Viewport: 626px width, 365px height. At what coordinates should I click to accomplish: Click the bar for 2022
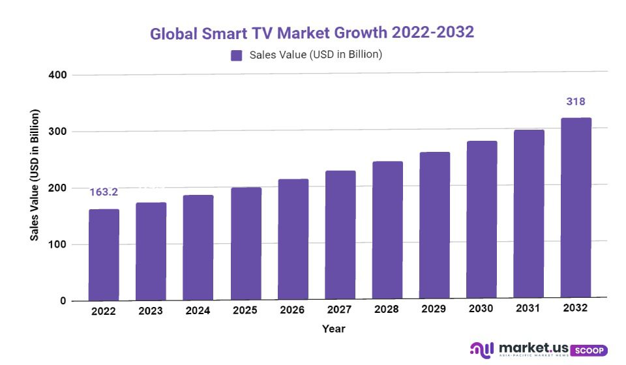104,255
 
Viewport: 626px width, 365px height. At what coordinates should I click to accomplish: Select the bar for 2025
246,244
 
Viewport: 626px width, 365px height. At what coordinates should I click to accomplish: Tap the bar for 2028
387,231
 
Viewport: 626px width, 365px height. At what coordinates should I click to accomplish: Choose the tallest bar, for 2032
576,209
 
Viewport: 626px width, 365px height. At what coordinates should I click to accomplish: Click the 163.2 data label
104,192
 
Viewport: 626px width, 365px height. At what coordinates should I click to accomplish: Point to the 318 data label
576,102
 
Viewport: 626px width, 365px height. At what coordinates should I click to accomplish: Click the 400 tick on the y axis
57,75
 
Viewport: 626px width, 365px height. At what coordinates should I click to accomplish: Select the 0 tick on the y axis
63,301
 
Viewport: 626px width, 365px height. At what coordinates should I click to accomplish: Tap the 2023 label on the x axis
151,311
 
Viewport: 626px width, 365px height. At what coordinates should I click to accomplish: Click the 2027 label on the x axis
340,310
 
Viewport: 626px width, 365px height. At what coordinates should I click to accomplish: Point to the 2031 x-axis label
529,309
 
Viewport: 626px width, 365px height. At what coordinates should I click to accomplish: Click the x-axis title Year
333,329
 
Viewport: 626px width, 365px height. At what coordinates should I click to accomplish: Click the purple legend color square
237,55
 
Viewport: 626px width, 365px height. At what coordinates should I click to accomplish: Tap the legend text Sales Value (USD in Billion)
316,55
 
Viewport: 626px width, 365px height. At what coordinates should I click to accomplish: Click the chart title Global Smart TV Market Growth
312,33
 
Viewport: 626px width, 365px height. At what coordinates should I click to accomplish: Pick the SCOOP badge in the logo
591,350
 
